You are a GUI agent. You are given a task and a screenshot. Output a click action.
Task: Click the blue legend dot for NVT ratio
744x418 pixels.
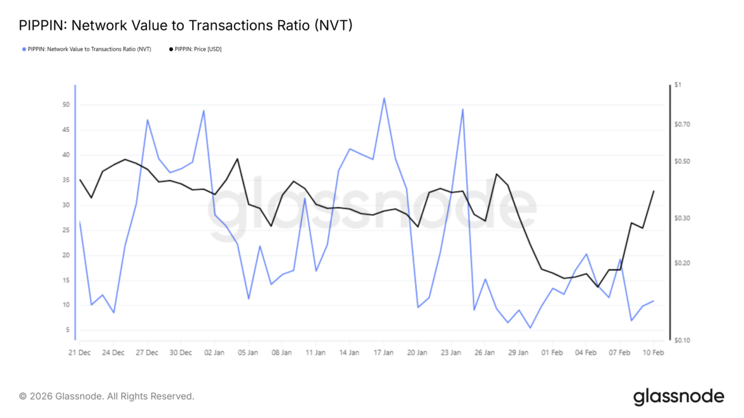[24, 49]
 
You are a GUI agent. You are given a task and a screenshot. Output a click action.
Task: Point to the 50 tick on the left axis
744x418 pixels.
[65, 105]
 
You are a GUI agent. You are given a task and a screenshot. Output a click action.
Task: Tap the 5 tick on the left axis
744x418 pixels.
[67, 330]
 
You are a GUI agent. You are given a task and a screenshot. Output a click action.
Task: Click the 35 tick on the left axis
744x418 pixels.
[65, 180]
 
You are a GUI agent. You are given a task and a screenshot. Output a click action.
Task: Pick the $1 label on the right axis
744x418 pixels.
[678, 85]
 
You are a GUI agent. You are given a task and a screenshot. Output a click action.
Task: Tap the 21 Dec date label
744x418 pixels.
[79, 353]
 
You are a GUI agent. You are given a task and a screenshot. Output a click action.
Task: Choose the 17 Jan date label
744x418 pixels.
[383, 353]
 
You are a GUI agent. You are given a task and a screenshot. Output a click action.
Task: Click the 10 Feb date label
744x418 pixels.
[653, 353]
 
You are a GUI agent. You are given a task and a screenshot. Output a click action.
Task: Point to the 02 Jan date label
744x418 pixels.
[214, 353]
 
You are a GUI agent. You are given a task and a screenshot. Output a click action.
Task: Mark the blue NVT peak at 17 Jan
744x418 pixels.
[384, 98]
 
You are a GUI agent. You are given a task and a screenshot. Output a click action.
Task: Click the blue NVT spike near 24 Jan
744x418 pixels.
[463, 109]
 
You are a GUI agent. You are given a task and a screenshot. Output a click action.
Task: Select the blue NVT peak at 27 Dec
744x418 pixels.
[148, 119]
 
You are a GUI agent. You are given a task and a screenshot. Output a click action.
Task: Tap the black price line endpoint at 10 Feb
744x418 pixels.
[654, 191]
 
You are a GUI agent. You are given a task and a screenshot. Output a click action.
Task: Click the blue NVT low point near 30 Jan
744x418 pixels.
[530, 328]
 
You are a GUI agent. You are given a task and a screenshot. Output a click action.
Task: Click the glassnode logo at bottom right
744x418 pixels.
[679, 397]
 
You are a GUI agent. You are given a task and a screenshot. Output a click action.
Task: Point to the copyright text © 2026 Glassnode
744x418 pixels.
[106, 396]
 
